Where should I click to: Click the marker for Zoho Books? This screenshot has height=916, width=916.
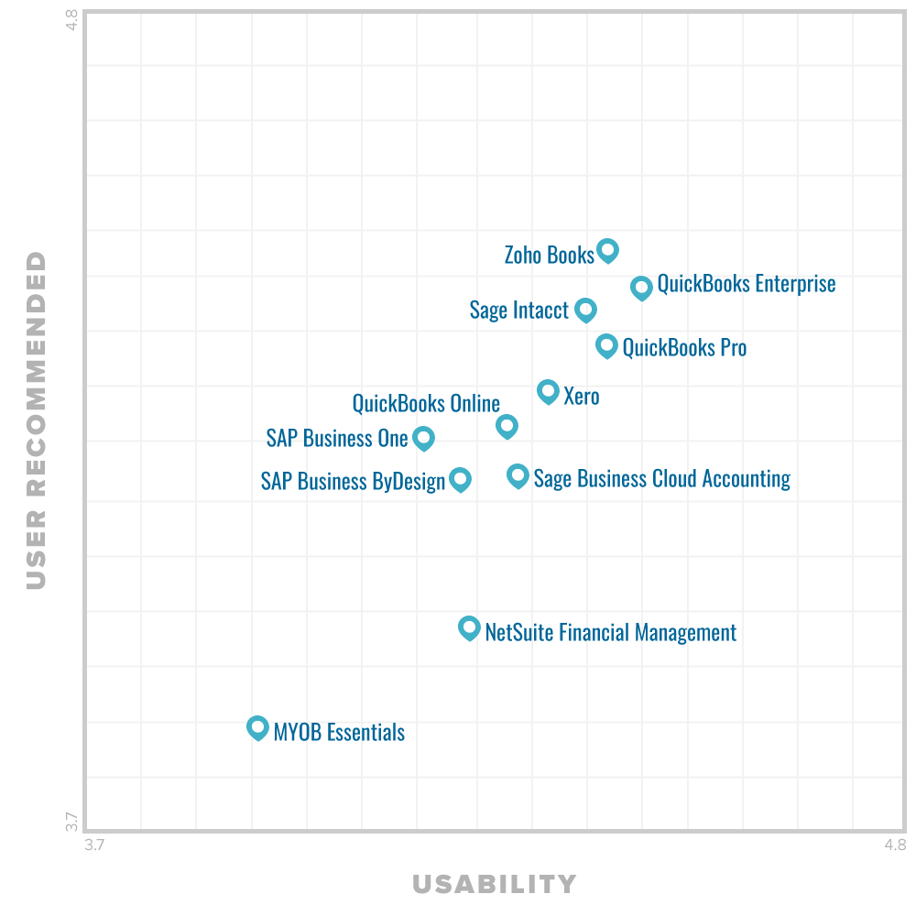coord(607,249)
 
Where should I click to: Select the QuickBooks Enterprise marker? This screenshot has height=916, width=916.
coord(641,287)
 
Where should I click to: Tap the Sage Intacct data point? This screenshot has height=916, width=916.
coord(585,310)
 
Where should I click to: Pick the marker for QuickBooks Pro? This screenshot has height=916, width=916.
coord(606,345)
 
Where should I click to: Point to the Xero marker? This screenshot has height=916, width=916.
coord(548,391)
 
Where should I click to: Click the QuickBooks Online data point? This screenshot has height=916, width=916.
coord(507,425)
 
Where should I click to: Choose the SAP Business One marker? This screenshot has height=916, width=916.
coord(423,437)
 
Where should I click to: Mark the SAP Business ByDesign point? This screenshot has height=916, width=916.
coord(460,479)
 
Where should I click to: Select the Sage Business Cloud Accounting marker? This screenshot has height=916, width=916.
coord(518,475)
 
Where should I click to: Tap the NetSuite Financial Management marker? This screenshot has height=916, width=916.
coord(469,627)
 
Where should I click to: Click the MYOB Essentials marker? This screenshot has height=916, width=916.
coord(257,727)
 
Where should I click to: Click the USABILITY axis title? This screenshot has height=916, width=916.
coord(495,884)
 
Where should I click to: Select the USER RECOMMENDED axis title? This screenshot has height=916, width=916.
coord(36,420)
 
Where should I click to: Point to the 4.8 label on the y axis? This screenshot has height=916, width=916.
coord(71,21)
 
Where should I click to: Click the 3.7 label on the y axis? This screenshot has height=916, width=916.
coord(71,822)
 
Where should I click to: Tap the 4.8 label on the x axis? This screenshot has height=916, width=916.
coord(895,845)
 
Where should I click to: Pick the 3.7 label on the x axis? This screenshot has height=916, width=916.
coord(95,845)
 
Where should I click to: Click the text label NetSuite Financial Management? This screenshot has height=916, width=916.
coord(610,632)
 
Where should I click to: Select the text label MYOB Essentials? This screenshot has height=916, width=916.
coord(339,732)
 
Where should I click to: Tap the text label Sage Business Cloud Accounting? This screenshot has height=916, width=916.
coord(661,478)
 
